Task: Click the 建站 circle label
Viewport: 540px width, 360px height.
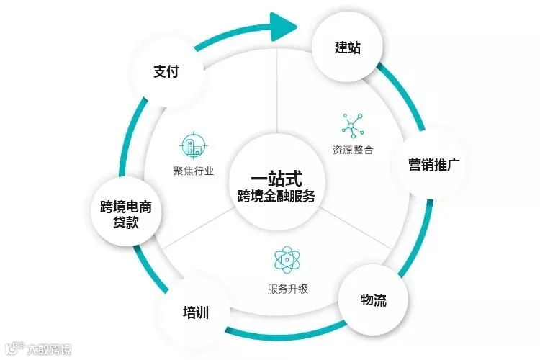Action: [348, 48]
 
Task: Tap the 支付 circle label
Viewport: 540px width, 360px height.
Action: [166, 71]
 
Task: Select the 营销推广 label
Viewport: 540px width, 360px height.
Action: [434, 165]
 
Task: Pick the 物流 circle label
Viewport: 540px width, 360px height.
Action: [374, 300]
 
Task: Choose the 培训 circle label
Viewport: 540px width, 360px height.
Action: [196, 312]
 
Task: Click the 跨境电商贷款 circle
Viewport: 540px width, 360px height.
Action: [126, 211]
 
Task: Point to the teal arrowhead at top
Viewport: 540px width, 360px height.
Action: [283, 27]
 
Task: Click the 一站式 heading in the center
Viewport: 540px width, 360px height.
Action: [276, 179]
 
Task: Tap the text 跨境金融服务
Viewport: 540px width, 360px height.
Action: [276, 196]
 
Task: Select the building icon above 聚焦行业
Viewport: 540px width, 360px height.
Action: [193, 145]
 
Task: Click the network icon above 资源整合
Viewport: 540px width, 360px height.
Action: [353, 126]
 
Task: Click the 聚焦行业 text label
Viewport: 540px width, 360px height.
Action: [194, 171]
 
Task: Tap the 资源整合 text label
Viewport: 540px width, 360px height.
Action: [353, 150]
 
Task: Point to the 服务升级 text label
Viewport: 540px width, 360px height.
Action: [288, 289]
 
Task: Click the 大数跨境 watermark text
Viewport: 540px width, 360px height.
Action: [49, 349]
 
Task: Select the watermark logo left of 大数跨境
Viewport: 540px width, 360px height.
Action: [15, 348]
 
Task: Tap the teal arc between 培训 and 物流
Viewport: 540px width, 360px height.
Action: [286, 331]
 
